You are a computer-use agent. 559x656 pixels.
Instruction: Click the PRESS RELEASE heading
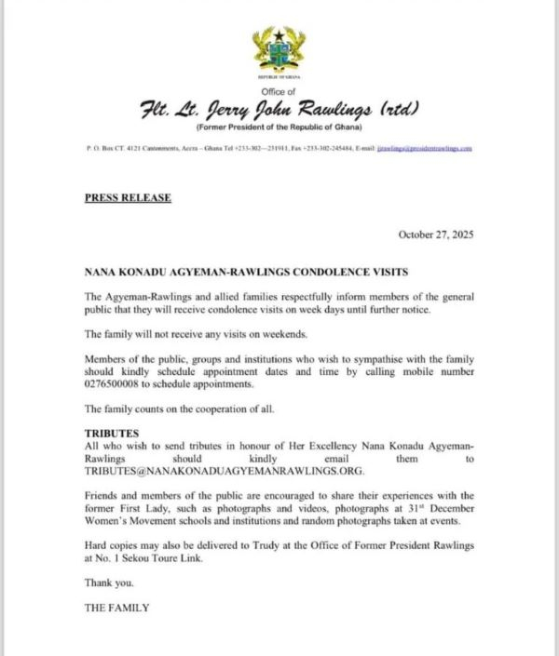[128, 198]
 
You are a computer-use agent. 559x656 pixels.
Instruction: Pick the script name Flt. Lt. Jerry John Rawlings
[279, 111]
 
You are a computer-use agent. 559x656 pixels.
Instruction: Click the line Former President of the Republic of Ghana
[279, 127]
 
